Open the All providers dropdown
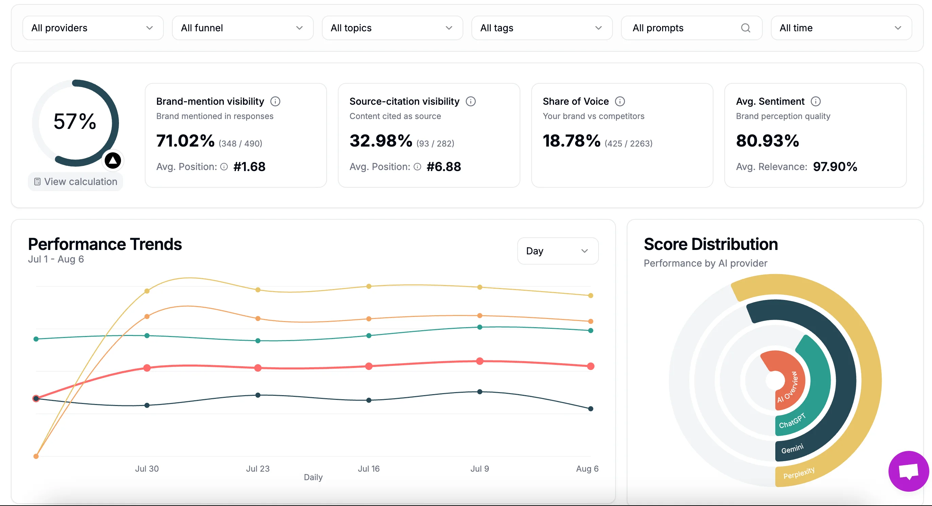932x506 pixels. click(x=92, y=28)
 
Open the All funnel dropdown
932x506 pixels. click(x=242, y=28)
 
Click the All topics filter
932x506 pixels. click(x=392, y=28)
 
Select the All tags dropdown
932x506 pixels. click(x=541, y=28)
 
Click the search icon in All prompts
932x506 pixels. click(x=745, y=28)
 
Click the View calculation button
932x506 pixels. click(x=75, y=181)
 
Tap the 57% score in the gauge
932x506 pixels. click(x=75, y=121)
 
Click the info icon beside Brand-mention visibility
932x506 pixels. click(x=275, y=101)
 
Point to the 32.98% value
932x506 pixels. click(x=381, y=141)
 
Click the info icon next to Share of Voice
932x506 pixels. click(x=620, y=101)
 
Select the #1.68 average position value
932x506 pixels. click(x=249, y=167)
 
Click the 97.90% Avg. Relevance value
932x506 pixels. click(x=835, y=167)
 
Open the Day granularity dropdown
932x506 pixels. click(x=557, y=251)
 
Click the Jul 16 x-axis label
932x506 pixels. click(x=368, y=469)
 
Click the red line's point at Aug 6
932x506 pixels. click(x=590, y=366)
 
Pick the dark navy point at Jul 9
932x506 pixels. click(x=479, y=392)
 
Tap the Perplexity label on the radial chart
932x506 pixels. click(x=798, y=473)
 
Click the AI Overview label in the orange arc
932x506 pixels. click(x=787, y=387)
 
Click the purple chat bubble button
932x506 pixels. click(x=908, y=471)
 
